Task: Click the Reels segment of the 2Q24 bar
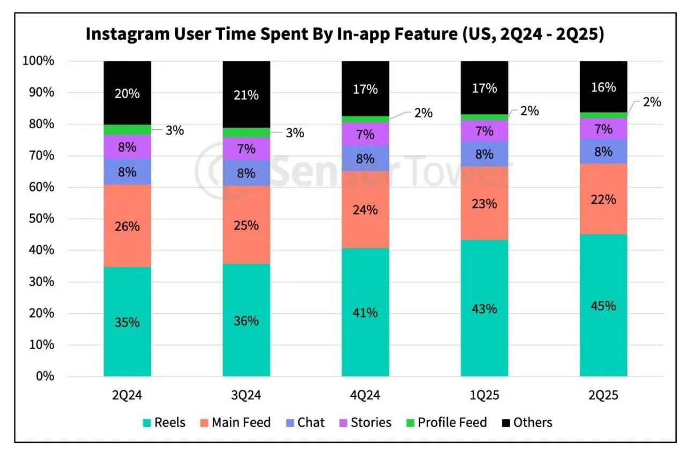[127, 321]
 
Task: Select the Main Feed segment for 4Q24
[366, 209]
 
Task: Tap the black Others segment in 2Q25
[603, 87]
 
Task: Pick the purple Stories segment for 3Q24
[246, 149]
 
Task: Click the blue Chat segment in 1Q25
[484, 154]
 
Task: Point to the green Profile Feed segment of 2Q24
[127, 130]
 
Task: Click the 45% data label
[603, 306]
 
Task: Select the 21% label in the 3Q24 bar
[246, 95]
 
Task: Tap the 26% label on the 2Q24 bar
[127, 226]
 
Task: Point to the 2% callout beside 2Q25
[652, 102]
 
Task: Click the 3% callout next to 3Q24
[295, 133]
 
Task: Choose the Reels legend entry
[164, 423]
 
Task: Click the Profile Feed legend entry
[446, 423]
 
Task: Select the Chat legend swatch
[290, 423]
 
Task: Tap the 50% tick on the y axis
[41, 218]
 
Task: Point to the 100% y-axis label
[38, 61]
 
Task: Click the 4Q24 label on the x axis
[365, 395]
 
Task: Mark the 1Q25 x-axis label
[484, 395]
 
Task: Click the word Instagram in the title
[128, 34]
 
